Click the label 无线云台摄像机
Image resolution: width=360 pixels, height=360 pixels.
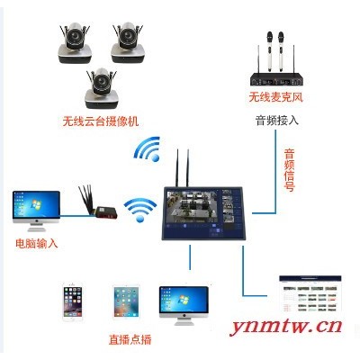pos(101,121)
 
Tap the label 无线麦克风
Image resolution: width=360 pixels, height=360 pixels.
pos(276,97)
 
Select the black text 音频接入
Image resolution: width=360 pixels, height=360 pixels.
pos(277,121)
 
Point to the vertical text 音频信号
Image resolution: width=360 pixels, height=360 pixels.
pos(289,170)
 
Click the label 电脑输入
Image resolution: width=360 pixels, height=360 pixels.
pos(37,243)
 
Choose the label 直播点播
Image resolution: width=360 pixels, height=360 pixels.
pos(130,339)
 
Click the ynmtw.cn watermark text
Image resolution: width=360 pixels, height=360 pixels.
pos(286,327)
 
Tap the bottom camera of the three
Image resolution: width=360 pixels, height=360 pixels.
pos(101,88)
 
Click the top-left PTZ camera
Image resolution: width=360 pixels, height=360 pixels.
pos(74,43)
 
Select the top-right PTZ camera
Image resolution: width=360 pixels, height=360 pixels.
pos(128,43)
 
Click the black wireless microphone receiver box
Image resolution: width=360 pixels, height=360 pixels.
pos(276,79)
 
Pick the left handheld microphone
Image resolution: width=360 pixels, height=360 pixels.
pos(269,51)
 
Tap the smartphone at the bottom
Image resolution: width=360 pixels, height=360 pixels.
pos(72,302)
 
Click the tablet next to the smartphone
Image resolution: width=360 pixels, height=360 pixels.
pos(126,301)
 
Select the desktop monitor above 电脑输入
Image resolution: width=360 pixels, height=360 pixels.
pos(36,211)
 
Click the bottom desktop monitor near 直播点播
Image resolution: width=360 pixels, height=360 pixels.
pos(184,305)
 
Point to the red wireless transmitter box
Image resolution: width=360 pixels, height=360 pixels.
pos(106,212)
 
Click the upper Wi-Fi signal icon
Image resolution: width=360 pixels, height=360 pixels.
pos(148,149)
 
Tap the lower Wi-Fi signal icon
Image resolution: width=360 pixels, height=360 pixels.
pos(140,210)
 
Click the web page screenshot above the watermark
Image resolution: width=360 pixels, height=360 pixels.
pos(310,293)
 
